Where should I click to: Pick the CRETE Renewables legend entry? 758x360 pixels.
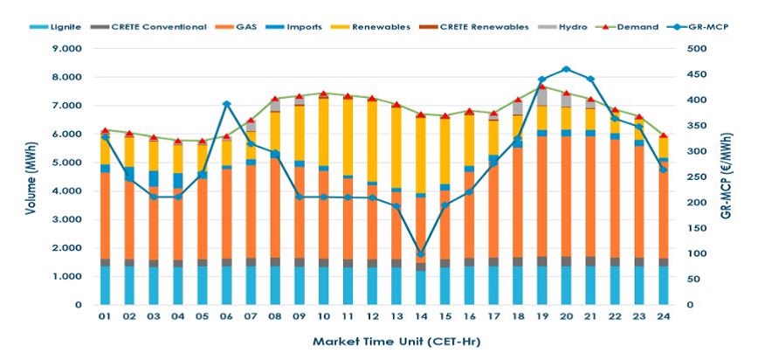[490, 27]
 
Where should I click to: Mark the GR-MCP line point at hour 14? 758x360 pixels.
[421, 253]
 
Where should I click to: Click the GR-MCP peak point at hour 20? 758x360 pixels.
[566, 69]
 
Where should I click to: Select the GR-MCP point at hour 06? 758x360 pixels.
[226, 104]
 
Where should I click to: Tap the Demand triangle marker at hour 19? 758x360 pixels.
[541, 86]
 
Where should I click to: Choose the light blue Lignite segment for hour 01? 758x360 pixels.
[105, 286]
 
